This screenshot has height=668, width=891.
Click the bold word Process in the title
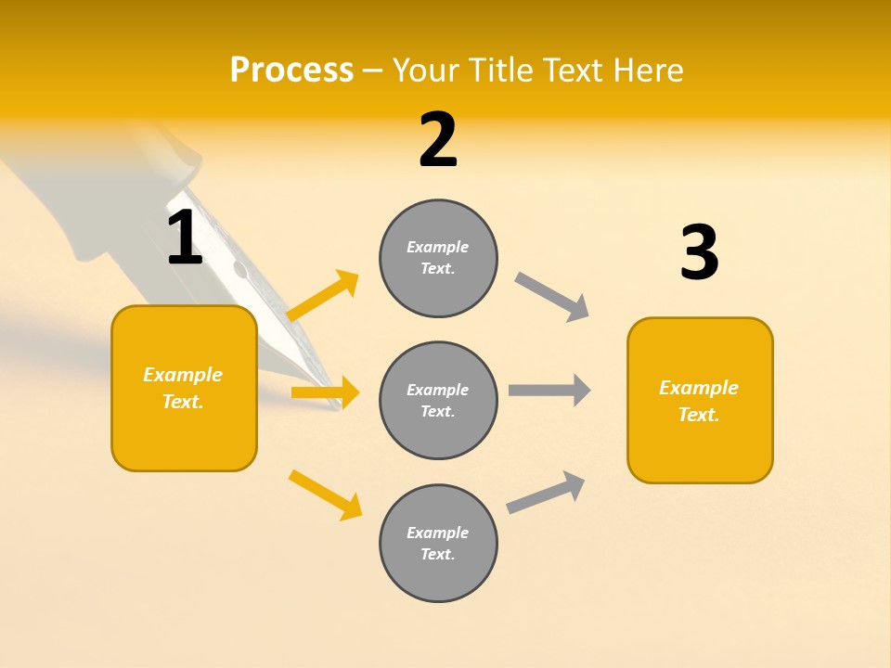[291, 70]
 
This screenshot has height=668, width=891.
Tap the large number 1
[185, 238]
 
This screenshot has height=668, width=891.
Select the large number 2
[438, 140]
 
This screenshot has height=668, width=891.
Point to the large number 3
[699, 253]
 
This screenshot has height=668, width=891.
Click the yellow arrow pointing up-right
[323, 296]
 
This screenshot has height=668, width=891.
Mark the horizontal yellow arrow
[325, 392]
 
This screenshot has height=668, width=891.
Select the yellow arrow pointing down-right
[325, 495]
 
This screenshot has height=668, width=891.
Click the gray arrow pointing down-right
[552, 297]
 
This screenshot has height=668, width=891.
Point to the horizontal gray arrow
[549, 390]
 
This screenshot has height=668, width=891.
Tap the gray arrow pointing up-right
[546, 493]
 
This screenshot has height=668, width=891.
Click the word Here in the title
[649, 70]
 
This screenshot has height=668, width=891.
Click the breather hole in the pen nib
[241, 272]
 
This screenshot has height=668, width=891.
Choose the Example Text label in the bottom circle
[438, 543]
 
